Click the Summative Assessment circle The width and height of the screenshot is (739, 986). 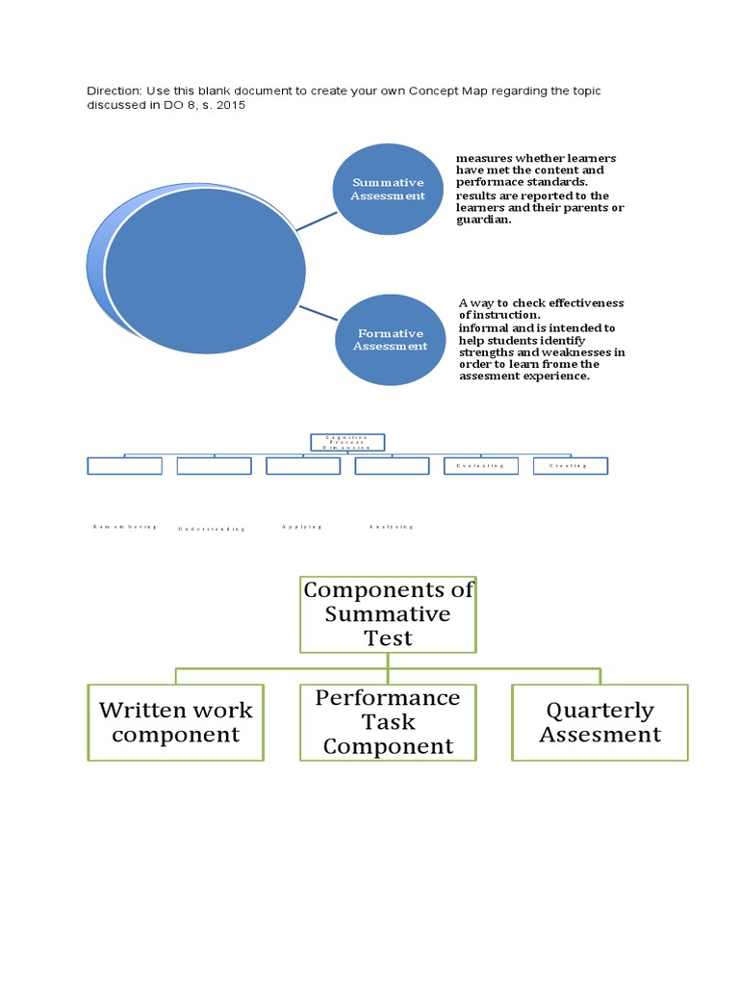pos(388,189)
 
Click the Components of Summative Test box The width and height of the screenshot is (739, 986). pos(388,613)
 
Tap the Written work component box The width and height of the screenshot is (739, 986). pos(175,722)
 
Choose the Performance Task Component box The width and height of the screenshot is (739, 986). pos(388,722)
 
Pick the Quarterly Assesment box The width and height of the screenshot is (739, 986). pos(599,722)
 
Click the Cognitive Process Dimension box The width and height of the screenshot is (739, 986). pos(346,442)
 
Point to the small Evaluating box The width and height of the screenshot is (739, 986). pos(480,466)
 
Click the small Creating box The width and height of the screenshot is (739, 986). pos(570,466)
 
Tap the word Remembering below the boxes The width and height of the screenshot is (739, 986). pos(124,527)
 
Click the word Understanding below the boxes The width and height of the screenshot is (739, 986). pos(212,529)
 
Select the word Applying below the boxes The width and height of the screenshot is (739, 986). pos(302,527)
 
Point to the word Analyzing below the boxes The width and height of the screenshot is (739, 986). pos(391,527)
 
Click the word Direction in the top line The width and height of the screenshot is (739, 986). pos(114,91)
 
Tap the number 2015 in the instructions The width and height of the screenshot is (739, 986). pos(229,105)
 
